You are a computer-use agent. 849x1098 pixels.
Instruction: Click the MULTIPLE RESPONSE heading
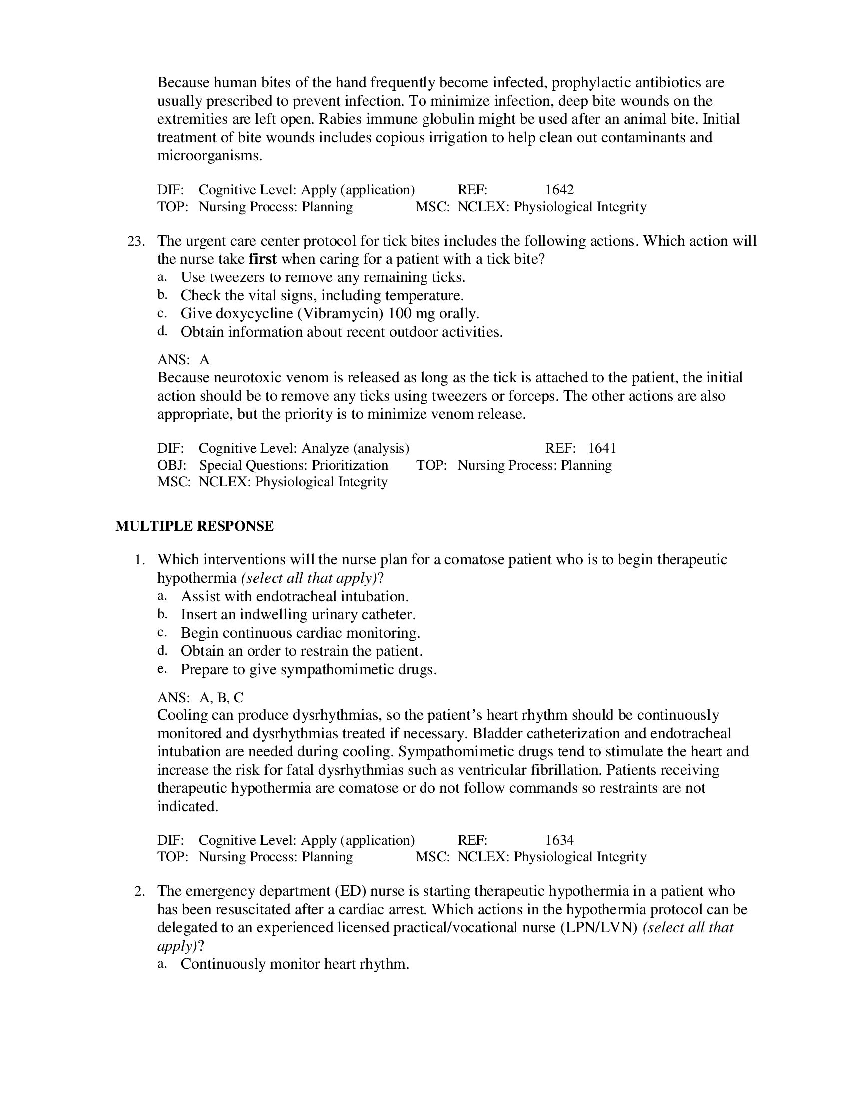(x=194, y=526)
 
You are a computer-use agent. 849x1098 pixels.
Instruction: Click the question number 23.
(x=136, y=241)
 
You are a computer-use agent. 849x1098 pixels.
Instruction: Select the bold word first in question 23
(x=263, y=259)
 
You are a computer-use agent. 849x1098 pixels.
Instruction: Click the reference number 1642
(x=559, y=190)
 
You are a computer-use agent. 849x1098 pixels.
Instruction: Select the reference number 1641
(x=602, y=448)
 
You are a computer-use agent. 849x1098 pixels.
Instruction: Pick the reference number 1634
(x=559, y=840)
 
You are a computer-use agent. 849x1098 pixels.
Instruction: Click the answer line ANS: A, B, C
(x=200, y=697)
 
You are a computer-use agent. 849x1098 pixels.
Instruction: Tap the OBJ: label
(x=171, y=465)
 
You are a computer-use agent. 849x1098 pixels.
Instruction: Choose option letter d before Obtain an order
(x=161, y=651)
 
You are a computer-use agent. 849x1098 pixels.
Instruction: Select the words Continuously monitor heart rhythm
(x=295, y=964)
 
